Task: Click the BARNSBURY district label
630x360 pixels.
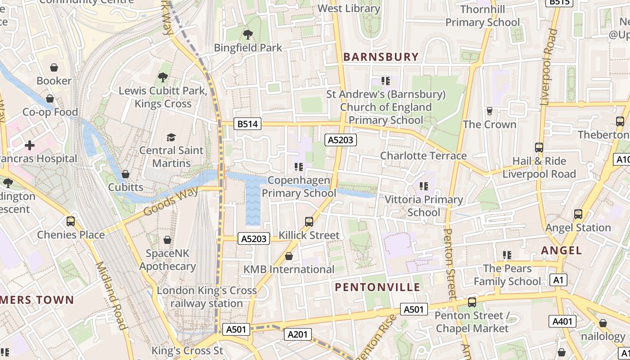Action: click(381, 57)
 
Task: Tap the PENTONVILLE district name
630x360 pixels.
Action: click(378, 287)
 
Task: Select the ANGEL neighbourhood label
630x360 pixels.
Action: click(561, 250)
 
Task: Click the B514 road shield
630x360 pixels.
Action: click(247, 124)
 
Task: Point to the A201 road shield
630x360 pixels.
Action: click(297, 334)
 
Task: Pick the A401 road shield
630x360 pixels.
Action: click(562, 321)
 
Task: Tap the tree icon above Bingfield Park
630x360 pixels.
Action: click(247, 34)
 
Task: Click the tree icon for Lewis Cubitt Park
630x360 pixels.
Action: click(163, 77)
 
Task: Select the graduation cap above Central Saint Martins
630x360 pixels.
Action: click(171, 137)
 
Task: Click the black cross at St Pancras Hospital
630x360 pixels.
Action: click(30, 145)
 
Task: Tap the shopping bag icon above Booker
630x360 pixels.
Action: click(54, 67)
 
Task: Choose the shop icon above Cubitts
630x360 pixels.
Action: click(126, 174)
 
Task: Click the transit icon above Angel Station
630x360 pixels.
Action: click(578, 214)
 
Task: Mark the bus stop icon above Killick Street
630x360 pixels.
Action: click(309, 221)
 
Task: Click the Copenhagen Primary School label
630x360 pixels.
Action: click(299, 187)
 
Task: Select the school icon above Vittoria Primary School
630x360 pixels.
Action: click(423, 186)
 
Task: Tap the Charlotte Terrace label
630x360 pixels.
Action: click(423, 156)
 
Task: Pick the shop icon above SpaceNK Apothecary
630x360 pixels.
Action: click(167, 240)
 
